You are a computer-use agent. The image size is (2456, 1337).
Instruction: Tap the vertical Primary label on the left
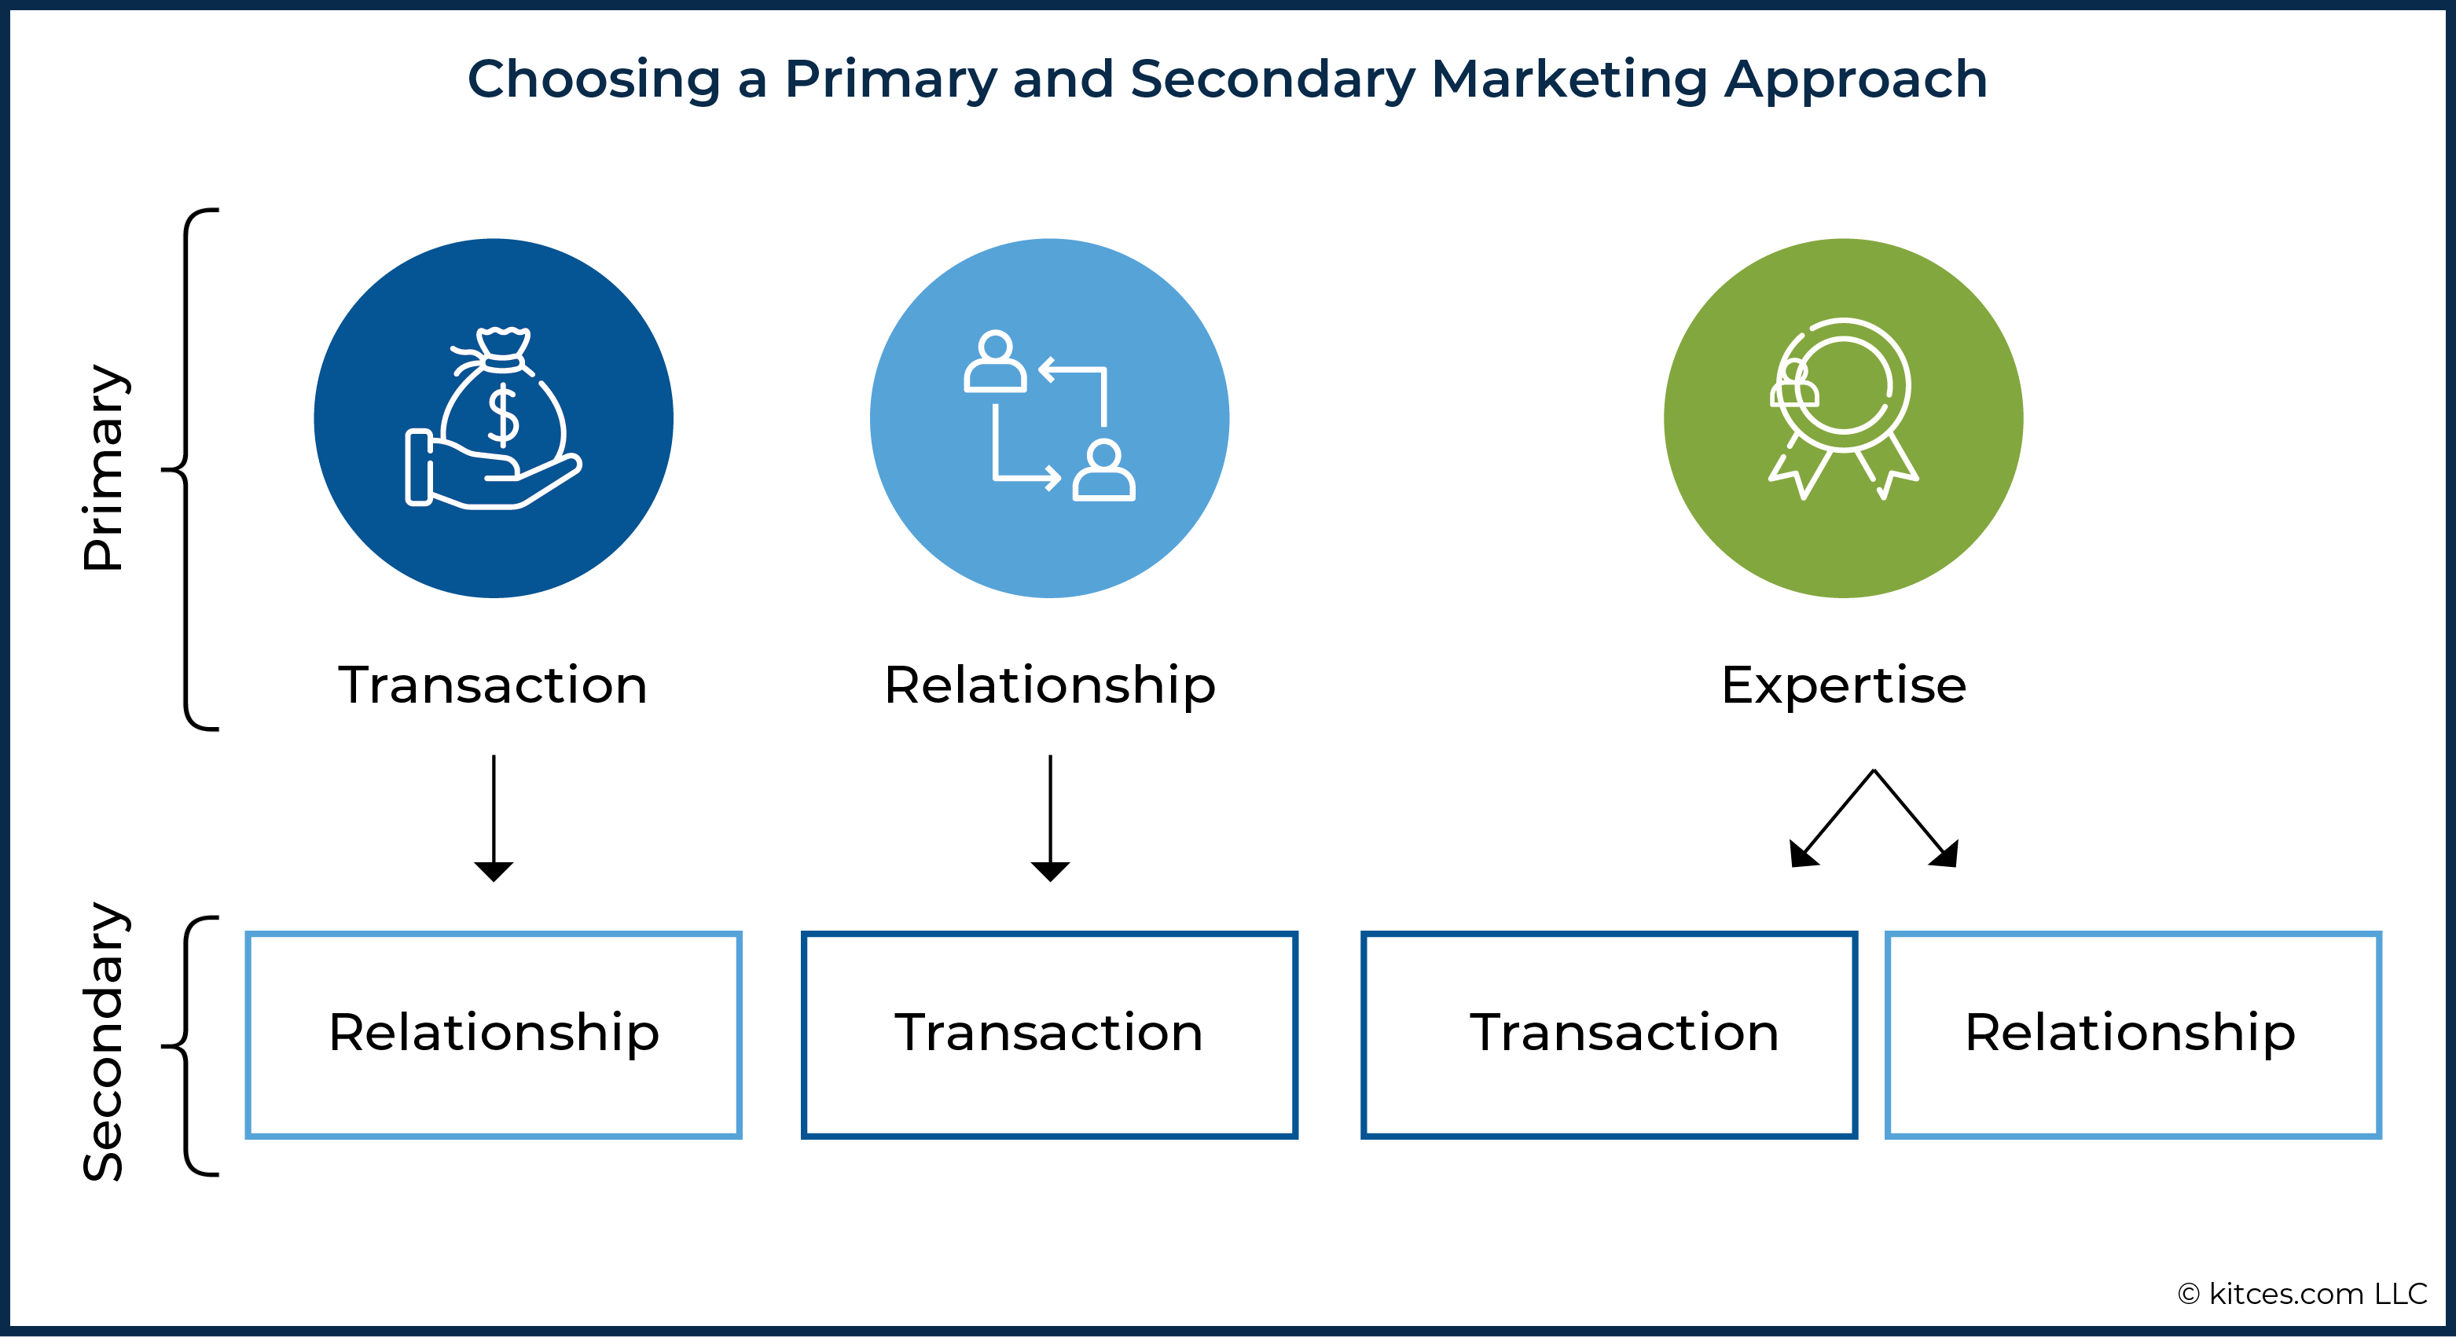click(104, 468)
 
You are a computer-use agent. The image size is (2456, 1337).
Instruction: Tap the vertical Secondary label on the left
click(104, 1041)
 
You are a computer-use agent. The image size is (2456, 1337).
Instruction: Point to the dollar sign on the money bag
click(502, 415)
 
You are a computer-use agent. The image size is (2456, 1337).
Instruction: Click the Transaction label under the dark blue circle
click(493, 685)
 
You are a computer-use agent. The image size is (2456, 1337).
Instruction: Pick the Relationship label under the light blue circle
click(1050, 685)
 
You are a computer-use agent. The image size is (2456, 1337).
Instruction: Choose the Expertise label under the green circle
click(1843, 685)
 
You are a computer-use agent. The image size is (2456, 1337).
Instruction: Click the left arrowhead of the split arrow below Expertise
click(1801, 854)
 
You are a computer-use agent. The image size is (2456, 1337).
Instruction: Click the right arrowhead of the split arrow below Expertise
click(1946, 854)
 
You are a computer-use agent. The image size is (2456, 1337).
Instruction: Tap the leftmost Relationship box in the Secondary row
click(493, 1034)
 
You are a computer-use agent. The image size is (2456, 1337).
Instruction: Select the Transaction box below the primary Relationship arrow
click(1050, 1034)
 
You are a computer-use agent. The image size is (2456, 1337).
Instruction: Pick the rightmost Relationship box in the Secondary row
click(2133, 1034)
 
